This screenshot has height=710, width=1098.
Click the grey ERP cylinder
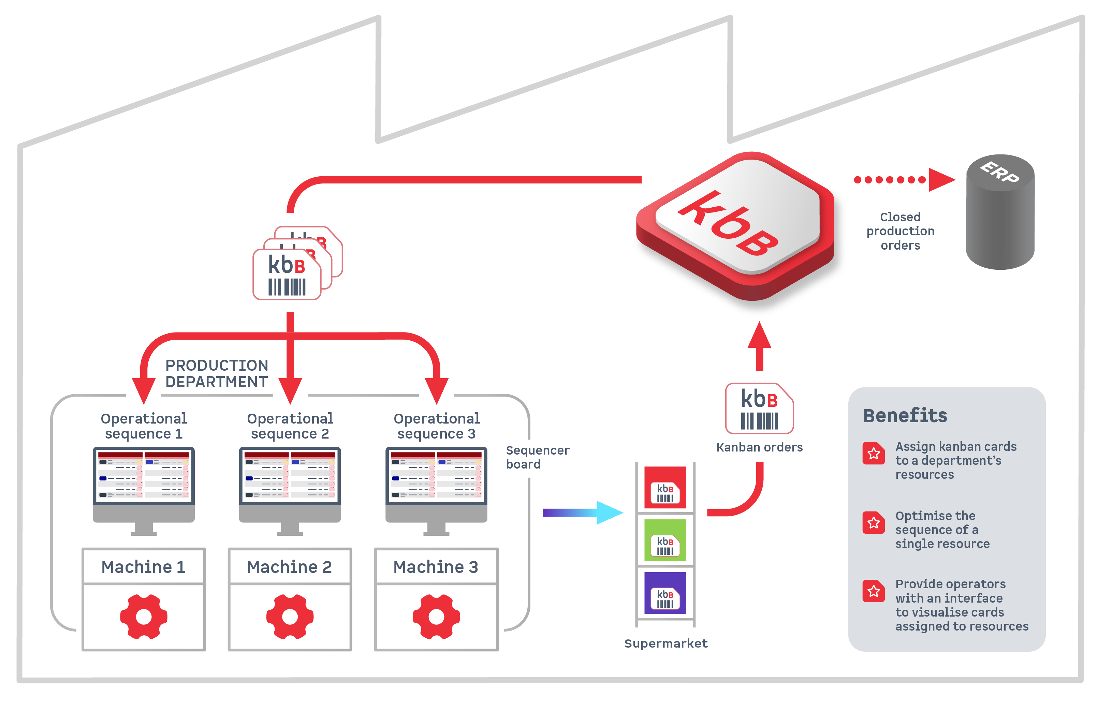pyautogui.click(x=1000, y=212)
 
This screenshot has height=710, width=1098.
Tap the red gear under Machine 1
pyautogui.click(x=143, y=617)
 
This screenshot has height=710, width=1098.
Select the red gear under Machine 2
pyautogui.click(x=290, y=617)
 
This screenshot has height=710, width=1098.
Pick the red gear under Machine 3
pyautogui.click(x=436, y=617)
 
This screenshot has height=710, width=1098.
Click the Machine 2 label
pyautogui.click(x=290, y=567)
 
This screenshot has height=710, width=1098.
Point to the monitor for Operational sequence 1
pyautogui.click(x=143, y=484)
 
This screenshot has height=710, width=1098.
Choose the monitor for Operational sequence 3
pyautogui.click(x=436, y=484)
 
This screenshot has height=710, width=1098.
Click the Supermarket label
pyautogui.click(x=665, y=643)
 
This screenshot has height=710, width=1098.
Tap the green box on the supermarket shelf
pyautogui.click(x=665, y=540)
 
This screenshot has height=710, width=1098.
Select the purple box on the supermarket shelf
pyautogui.click(x=665, y=593)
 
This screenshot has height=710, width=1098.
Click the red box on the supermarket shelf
pyautogui.click(x=665, y=487)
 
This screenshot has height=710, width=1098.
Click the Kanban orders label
pyautogui.click(x=759, y=447)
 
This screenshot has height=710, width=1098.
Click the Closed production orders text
pyautogui.click(x=900, y=231)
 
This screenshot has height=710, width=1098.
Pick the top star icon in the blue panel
pyautogui.click(x=874, y=454)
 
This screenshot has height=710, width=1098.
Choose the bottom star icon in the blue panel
pyautogui.click(x=874, y=591)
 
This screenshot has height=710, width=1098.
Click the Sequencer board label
pyautogui.click(x=537, y=457)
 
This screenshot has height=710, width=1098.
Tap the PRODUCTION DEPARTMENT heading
pyautogui.click(x=217, y=373)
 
